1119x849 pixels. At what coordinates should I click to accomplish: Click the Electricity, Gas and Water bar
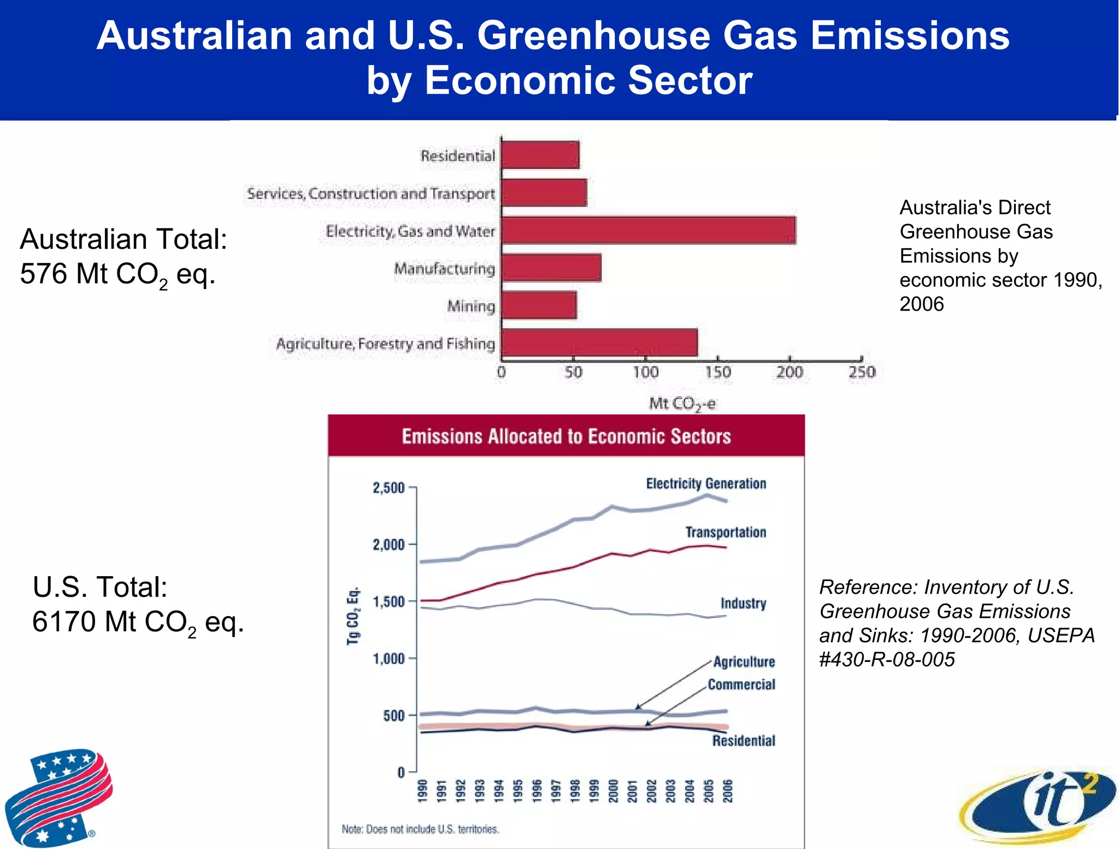click(x=648, y=230)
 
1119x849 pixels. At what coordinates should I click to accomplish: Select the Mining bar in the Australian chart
click(x=539, y=305)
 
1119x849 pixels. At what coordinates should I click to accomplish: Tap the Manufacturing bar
click(x=551, y=268)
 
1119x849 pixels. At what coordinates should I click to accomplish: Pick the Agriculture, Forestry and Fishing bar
click(x=599, y=343)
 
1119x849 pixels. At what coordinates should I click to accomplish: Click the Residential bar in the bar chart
click(x=540, y=155)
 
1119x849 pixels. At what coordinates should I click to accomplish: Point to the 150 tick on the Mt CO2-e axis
click(x=717, y=372)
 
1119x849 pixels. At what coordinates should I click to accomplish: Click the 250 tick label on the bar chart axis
click(x=862, y=372)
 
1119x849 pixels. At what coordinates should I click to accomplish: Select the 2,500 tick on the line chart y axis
click(x=388, y=488)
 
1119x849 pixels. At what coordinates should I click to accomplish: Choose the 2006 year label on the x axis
click(x=727, y=791)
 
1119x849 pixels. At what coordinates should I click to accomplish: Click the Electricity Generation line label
click(x=706, y=484)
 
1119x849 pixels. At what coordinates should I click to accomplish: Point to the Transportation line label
click(x=726, y=532)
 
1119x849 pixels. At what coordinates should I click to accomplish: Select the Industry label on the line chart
click(x=743, y=604)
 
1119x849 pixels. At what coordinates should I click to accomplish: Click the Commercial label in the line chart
click(x=741, y=684)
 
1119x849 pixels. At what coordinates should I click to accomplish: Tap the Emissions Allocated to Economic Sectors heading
click(x=566, y=436)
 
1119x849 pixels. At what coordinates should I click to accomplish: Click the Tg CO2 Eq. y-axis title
click(x=354, y=616)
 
